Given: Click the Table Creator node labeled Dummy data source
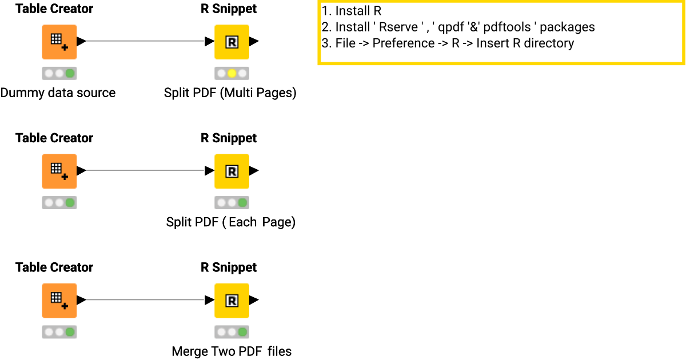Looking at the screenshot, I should pyautogui.click(x=59, y=42).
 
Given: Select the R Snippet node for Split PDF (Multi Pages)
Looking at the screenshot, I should pyautogui.click(x=232, y=42).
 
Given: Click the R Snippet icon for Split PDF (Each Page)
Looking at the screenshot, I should pyautogui.click(x=232, y=171).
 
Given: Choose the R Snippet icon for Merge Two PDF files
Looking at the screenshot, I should pyautogui.click(x=232, y=300).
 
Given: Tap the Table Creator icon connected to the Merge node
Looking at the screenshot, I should pyautogui.click(x=59, y=300).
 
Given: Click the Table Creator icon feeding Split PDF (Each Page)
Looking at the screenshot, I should pyautogui.click(x=59, y=171).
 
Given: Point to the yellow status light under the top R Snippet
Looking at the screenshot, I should pyautogui.click(x=232, y=73).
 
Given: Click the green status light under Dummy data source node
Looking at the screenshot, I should pyautogui.click(x=70, y=73).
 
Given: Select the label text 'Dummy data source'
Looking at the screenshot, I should pyautogui.click(x=58, y=93).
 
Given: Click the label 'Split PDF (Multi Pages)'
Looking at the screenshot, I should pyautogui.click(x=230, y=93).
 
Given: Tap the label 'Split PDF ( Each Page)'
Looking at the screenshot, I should pyautogui.click(x=230, y=222).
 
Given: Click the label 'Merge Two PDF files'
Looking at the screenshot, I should pyautogui.click(x=232, y=351).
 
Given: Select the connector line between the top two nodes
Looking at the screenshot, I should pyautogui.click(x=146, y=41).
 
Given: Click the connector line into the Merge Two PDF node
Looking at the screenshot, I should pyautogui.click(x=146, y=299).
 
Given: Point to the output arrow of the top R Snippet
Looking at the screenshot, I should pyautogui.click(x=254, y=41).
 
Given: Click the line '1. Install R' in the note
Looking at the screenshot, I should pyautogui.click(x=351, y=11).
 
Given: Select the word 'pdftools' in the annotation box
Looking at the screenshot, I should pyautogui.click(x=508, y=27).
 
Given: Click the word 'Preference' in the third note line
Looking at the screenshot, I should pyautogui.click(x=403, y=43).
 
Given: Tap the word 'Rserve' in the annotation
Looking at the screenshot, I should pyautogui.click(x=398, y=27).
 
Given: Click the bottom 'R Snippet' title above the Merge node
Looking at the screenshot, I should pyautogui.click(x=229, y=267).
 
